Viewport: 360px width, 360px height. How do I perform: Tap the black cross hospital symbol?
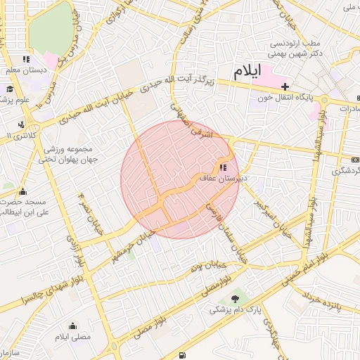285,86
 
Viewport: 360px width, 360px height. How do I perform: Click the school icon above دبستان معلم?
26,60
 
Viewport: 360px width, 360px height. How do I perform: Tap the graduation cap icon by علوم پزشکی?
10,89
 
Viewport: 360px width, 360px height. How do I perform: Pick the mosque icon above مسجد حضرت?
22,191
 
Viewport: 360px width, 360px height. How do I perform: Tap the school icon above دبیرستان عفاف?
223,168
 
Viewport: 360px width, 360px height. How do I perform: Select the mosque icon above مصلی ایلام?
73,326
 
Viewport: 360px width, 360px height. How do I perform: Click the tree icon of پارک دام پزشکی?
235,298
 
